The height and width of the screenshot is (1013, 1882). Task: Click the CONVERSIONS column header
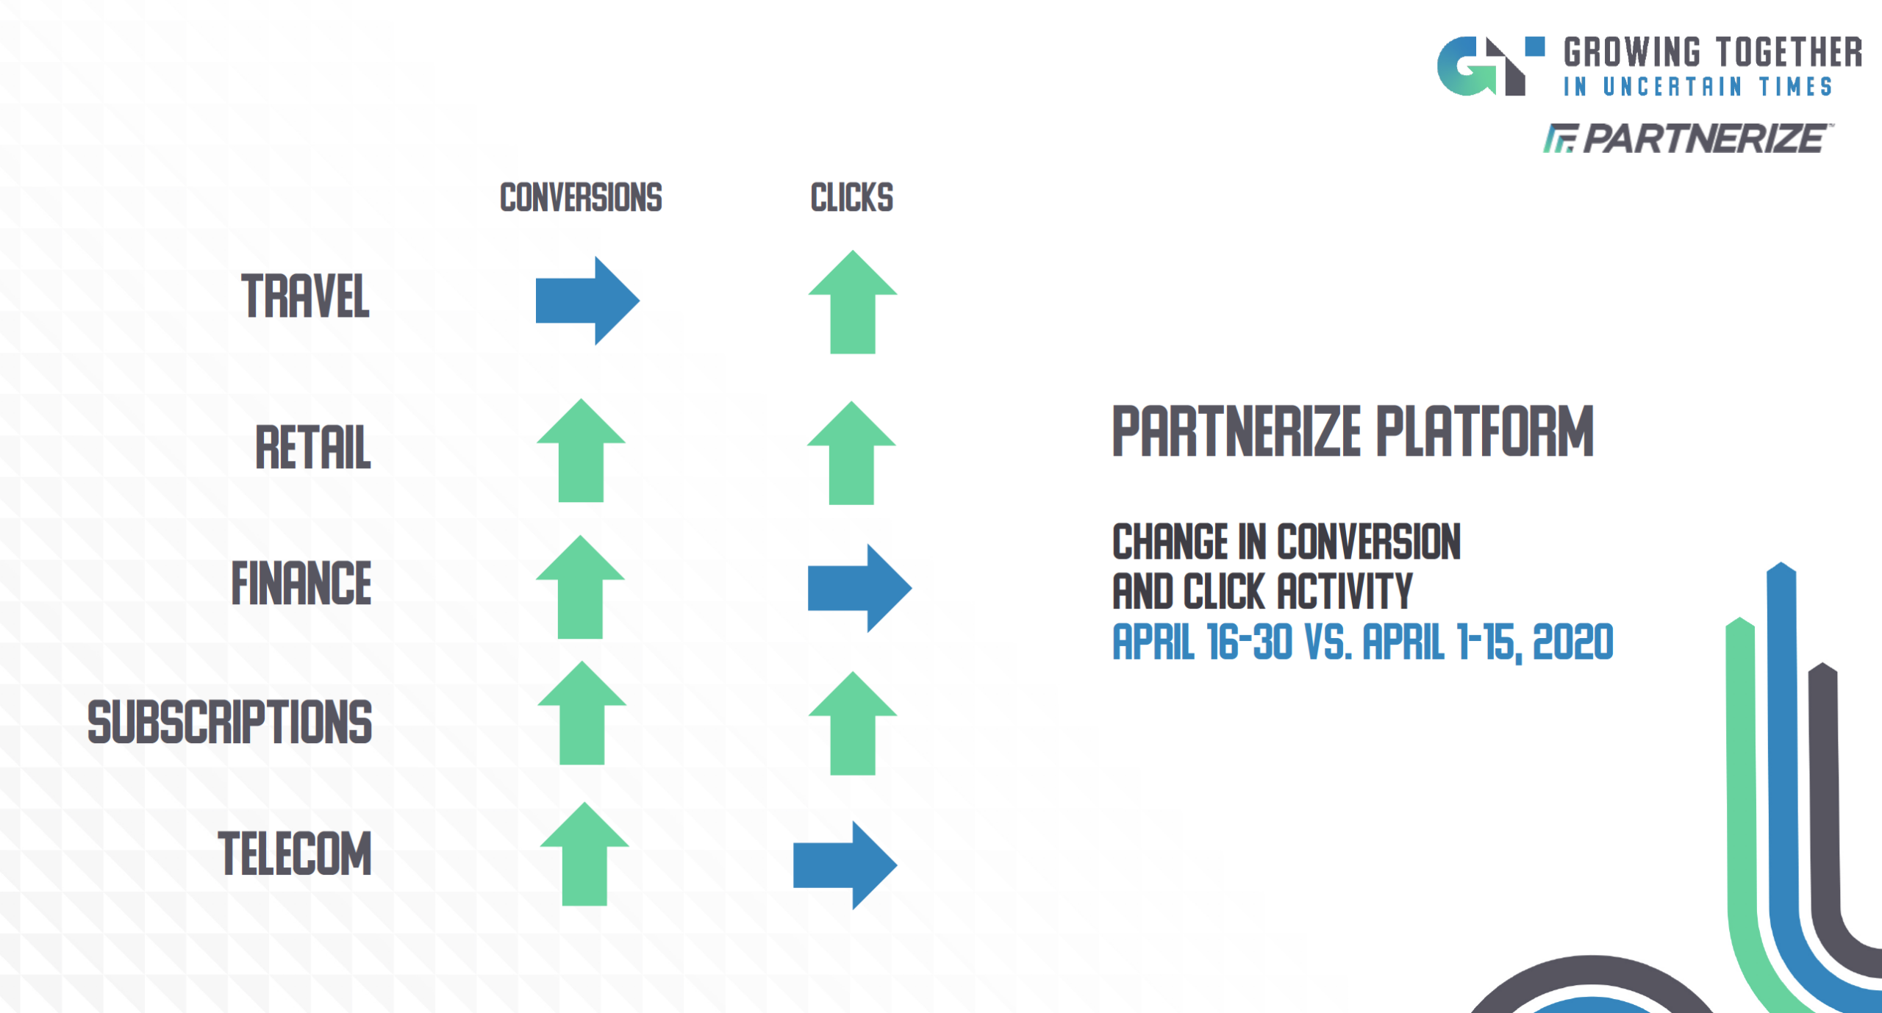(x=581, y=198)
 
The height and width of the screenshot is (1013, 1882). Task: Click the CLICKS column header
(x=851, y=198)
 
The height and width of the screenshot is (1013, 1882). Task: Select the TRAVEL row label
(x=305, y=296)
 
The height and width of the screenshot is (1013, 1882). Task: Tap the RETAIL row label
(x=313, y=447)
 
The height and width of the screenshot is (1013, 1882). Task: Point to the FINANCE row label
(x=301, y=584)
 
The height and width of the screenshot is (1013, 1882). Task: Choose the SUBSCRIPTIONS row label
(x=229, y=722)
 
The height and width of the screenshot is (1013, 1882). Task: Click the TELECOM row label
(x=295, y=853)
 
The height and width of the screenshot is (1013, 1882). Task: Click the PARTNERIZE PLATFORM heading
(x=1353, y=432)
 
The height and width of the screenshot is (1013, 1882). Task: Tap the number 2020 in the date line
(x=1573, y=642)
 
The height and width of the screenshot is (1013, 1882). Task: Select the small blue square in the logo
(x=1534, y=46)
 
